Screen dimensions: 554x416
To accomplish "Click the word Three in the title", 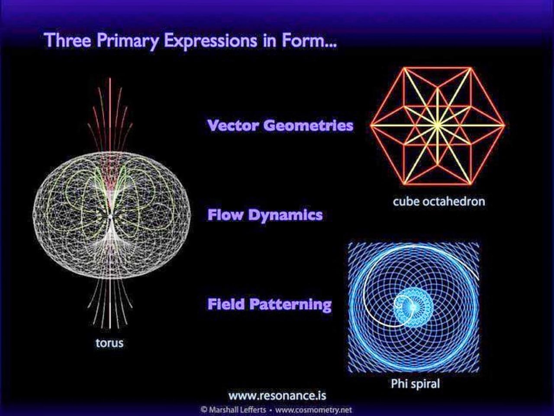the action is (x=68, y=40).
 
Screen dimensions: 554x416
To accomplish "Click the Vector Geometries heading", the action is (x=280, y=126).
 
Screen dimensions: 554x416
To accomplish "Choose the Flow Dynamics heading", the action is (x=265, y=215).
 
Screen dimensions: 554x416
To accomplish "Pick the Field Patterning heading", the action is (x=269, y=304).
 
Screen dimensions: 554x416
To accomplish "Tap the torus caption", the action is (x=110, y=343).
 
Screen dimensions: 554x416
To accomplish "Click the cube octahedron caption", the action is (x=439, y=201).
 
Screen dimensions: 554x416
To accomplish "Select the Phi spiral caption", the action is (x=415, y=383).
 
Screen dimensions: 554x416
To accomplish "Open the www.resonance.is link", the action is (x=277, y=395).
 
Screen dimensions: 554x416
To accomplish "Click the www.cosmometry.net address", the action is (x=313, y=409).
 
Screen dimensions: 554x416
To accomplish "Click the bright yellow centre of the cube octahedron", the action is (x=438, y=124).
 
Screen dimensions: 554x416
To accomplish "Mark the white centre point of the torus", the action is (x=110, y=217).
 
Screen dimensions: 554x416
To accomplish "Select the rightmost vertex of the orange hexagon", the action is (x=505, y=125).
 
